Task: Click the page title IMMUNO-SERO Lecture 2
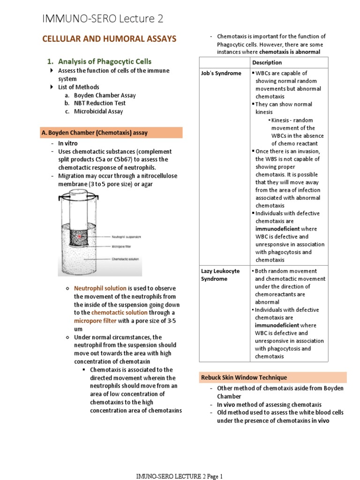103,19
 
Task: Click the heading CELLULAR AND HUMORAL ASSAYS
109,39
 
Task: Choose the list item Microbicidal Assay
98,111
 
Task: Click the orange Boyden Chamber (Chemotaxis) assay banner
111,133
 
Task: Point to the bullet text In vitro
68,143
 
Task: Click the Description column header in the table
267,63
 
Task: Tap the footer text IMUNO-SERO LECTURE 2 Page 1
179,476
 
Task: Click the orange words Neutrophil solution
100,289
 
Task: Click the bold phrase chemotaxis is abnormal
290,52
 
